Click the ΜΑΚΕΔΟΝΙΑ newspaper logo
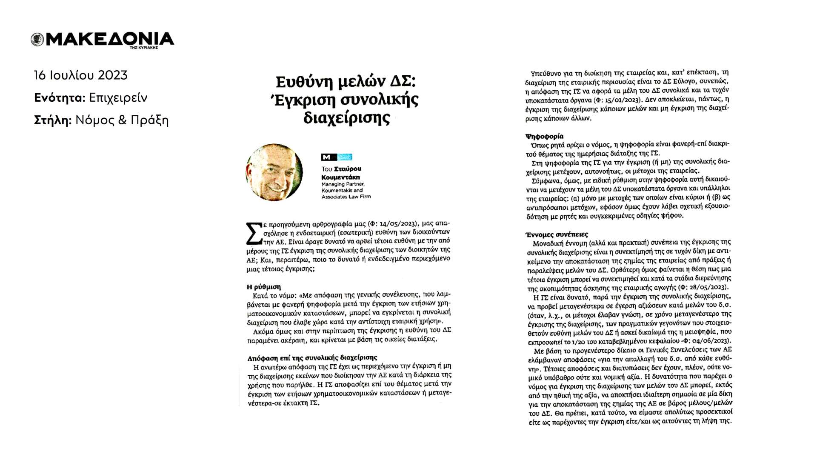coord(102,40)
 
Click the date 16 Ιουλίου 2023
coord(81,76)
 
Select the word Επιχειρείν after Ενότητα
coord(118,98)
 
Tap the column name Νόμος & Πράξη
coord(122,120)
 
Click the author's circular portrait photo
coord(274,172)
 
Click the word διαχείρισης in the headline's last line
coord(346,118)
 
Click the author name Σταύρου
coord(348,169)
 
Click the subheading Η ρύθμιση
coord(264,286)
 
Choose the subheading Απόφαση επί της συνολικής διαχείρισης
coord(312,358)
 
